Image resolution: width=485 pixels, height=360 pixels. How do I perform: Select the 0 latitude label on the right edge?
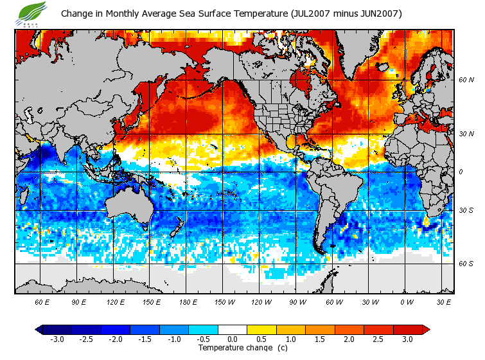tap(461, 172)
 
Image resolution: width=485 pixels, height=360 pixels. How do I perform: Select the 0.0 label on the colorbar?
tap(233, 339)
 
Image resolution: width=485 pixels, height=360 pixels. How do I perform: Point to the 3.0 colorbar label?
tap(407, 339)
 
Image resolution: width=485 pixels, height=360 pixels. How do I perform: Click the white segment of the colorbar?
tap(233, 329)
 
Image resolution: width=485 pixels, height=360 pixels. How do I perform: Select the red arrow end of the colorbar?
tap(425, 329)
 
